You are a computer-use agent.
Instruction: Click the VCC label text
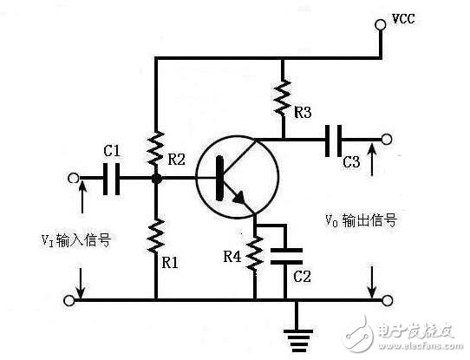pyautogui.click(x=403, y=19)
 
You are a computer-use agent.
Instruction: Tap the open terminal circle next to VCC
pyautogui.click(x=381, y=24)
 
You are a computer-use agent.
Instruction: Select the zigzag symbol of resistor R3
pyautogui.click(x=283, y=98)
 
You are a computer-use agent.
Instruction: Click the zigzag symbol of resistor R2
pyautogui.click(x=155, y=148)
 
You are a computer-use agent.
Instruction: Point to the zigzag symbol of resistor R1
pyautogui.click(x=156, y=236)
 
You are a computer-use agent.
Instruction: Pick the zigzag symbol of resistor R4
pyautogui.click(x=255, y=253)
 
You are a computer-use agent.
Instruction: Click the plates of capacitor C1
pyautogui.click(x=111, y=179)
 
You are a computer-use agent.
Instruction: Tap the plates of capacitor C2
pyautogui.click(x=286, y=256)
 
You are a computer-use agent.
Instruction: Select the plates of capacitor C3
pyautogui.click(x=333, y=141)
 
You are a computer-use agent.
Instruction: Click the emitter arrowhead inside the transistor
pyautogui.click(x=240, y=198)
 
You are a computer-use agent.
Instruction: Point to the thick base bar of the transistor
pyautogui.click(x=219, y=178)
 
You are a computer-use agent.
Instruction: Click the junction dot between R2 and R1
pyautogui.click(x=156, y=180)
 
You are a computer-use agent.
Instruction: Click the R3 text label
pyautogui.click(x=303, y=113)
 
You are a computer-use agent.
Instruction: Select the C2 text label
pyautogui.click(x=302, y=277)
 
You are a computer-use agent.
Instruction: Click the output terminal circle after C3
pyautogui.click(x=387, y=140)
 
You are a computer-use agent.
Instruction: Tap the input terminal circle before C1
pyautogui.click(x=73, y=179)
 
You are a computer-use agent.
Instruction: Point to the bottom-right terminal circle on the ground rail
pyautogui.click(x=387, y=300)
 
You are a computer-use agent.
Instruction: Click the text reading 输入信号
pyautogui.click(x=83, y=240)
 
